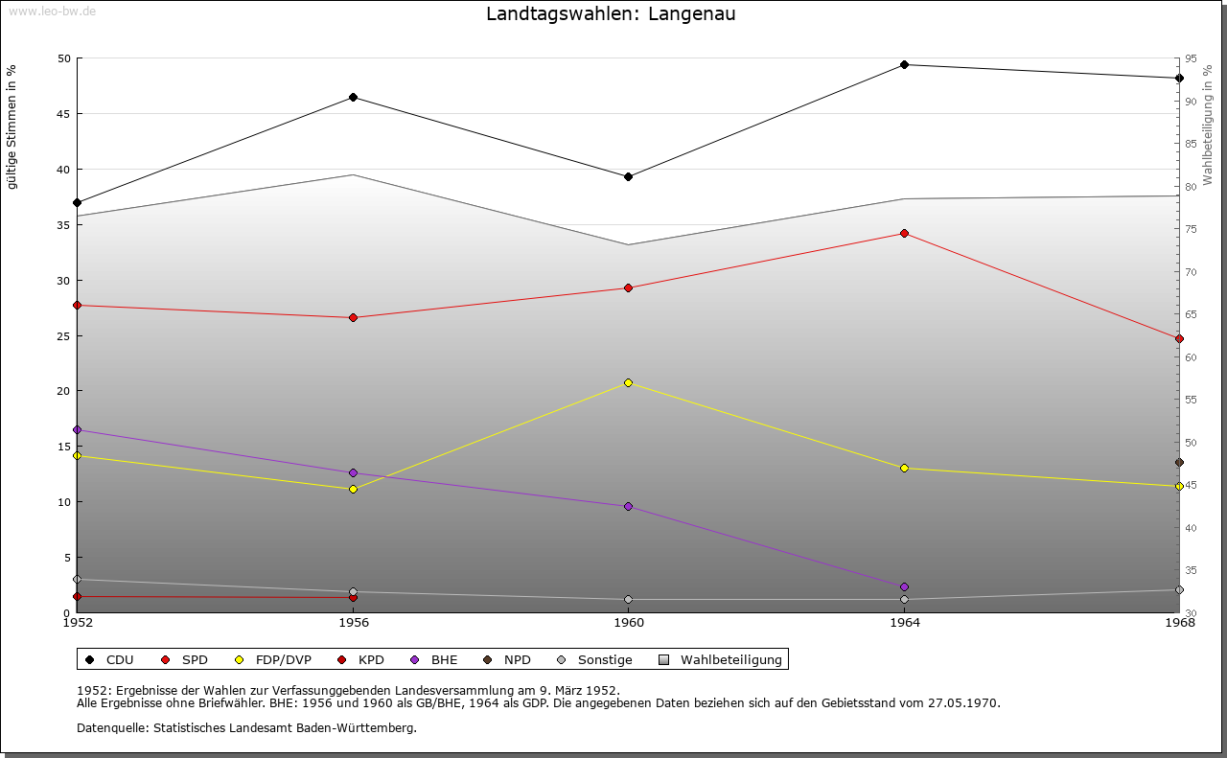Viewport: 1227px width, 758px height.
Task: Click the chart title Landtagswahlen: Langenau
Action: (611, 14)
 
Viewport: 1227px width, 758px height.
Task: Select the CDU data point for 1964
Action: (904, 65)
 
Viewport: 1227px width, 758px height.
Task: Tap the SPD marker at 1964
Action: (904, 233)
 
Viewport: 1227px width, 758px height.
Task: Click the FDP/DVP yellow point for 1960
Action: (628, 382)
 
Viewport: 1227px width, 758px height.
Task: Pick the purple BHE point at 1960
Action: (628, 506)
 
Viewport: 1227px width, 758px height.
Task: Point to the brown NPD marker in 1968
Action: (1179, 462)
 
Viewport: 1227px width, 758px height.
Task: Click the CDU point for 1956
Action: (353, 97)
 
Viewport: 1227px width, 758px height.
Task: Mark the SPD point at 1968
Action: (1179, 338)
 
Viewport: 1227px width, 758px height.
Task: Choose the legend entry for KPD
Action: (370, 659)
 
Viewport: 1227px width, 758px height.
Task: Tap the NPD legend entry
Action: (517, 659)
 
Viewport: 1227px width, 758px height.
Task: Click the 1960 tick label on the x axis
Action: (629, 623)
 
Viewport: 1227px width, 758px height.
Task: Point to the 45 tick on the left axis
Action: (63, 114)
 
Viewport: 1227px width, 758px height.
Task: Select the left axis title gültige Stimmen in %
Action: (12, 126)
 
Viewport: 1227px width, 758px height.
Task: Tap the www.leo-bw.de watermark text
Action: (52, 11)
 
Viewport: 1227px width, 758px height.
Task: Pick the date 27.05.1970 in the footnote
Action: (963, 702)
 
